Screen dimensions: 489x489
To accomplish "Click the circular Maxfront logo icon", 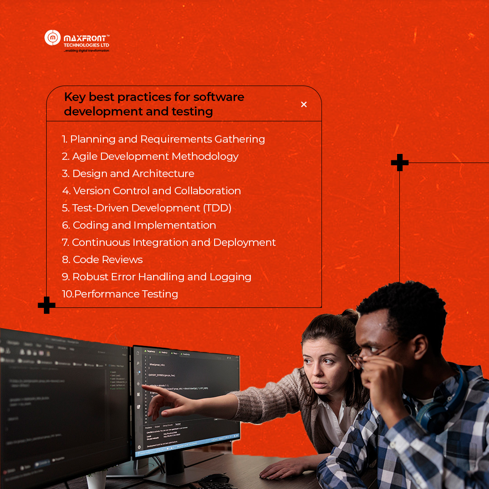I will tap(53, 38).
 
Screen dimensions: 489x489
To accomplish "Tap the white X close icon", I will tap(304, 105).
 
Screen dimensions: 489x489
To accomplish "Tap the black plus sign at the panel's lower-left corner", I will tap(47, 305).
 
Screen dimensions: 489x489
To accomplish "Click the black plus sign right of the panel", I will tap(399, 163).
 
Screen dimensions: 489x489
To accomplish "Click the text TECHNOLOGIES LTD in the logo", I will tap(86, 45).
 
